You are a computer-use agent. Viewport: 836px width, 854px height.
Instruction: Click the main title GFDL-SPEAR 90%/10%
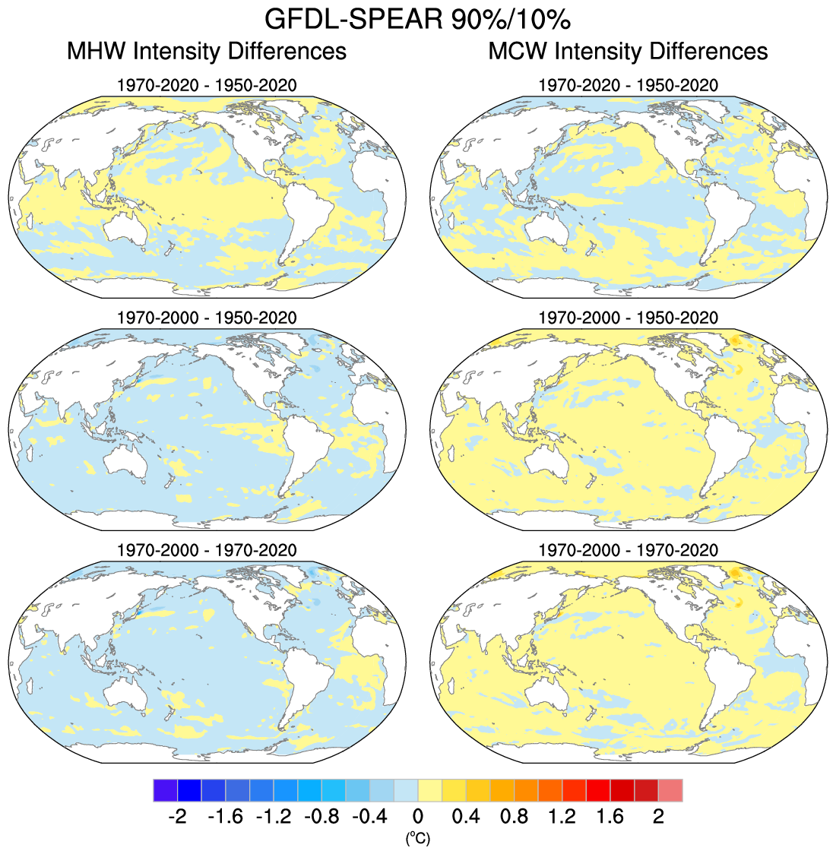[x=417, y=18]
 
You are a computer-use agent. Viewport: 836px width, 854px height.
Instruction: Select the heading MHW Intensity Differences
[x=207, y=52]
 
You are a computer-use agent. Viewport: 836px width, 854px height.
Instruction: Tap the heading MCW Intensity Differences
[x=628, y=52]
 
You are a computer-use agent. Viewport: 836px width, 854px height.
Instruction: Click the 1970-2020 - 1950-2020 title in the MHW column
[x=207, y=85]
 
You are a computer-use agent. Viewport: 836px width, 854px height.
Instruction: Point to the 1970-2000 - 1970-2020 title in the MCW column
[x=628, y=550]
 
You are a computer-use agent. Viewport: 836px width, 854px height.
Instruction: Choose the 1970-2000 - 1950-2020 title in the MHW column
[x=207, y=318]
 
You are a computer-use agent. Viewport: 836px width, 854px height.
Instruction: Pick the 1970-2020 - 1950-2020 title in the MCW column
[x=628, y=85]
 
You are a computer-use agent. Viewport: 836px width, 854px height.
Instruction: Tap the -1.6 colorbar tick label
[x=224, y=817]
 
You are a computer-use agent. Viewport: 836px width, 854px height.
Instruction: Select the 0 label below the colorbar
[x=417, y=817]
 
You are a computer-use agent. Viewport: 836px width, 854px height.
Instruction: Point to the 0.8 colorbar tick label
[x=515, y=817]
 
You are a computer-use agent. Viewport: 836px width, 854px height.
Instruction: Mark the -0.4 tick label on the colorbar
[x=369, y=817]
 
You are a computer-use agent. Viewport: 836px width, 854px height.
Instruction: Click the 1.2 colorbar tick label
[x=562, y=817]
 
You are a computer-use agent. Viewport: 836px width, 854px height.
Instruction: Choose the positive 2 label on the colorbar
[x=659, y=817]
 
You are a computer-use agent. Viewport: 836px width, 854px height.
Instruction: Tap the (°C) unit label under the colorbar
[x=417, y=839]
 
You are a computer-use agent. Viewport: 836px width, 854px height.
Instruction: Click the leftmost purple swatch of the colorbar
[x=165, y=790]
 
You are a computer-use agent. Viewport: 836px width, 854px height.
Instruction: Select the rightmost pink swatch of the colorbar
[x=670, y=790]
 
